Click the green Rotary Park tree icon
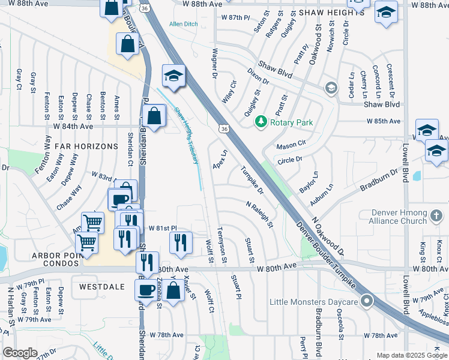(261, 122)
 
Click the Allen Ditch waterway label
(183, 24)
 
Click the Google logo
(20, 353)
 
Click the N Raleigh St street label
(259, 214)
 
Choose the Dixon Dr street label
(258, 79)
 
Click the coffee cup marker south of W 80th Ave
(146, 290)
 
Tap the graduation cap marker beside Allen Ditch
(173, 76)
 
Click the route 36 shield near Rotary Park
(223, 128)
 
